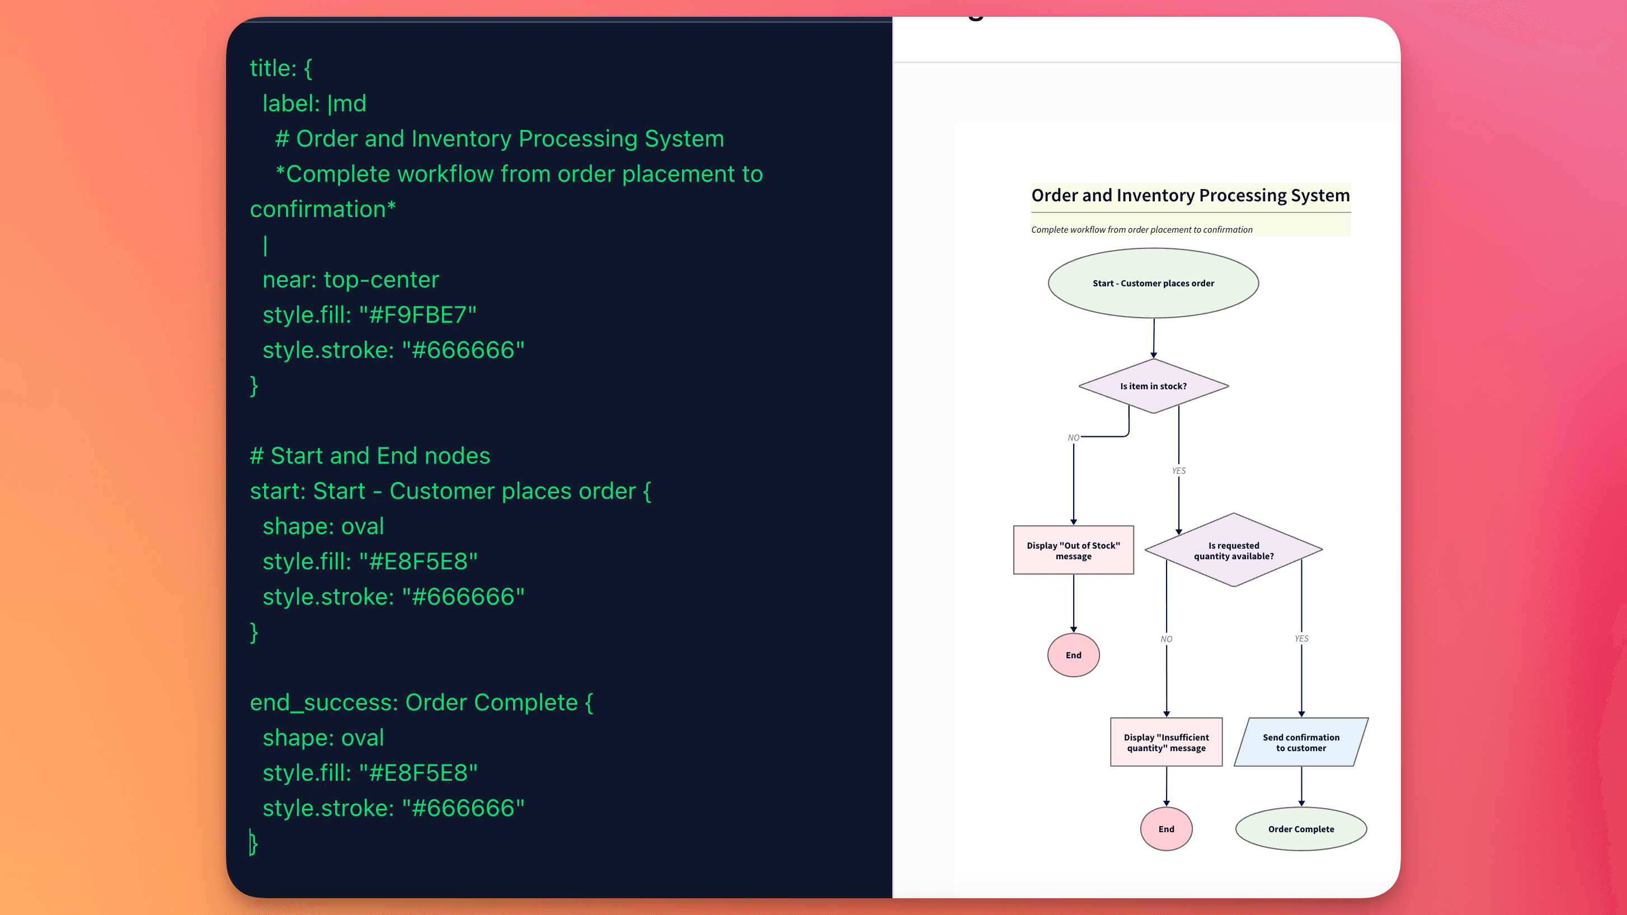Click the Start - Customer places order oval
tap(1153, 283)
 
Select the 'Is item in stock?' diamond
tap(1153, 386)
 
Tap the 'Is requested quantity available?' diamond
tap(1233, 550)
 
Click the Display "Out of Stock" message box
tap(1073, 550)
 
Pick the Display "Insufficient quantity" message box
tap(1166, 742)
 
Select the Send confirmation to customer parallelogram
tap(1300, 742)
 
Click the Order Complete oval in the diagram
tap(1300, 828)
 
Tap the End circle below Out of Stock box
tap(1073, 655)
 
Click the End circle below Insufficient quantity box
tap(1166, 828)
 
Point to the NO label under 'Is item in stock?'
tap(1073, 437)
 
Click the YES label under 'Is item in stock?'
tap(1178, 470)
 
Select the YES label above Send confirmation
tap(1301, 638)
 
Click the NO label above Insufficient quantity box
tap(1166, 639)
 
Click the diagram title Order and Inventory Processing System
tap(1190, 195)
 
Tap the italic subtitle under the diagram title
tap(1141, 229)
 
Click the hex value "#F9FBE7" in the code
tap(417, 314)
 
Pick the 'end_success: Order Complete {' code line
tap(421, 702)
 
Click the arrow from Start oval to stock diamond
tap(1153, 338)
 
